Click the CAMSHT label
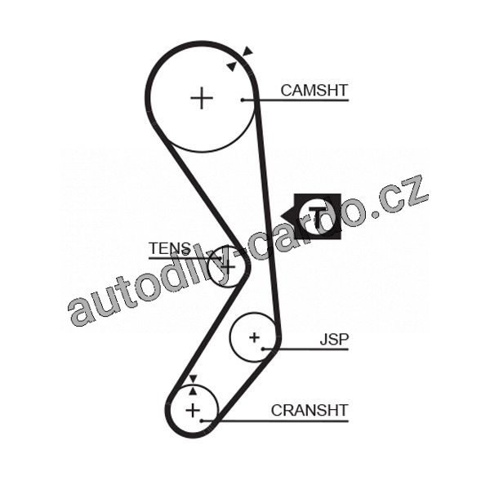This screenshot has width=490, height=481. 314,91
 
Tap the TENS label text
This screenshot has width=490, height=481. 170,248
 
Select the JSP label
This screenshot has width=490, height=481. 334,339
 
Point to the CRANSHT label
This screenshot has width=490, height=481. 310,411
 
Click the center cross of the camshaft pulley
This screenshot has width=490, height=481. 202,98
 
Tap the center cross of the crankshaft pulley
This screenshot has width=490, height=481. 193,410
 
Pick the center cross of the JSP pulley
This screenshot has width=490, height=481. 254,337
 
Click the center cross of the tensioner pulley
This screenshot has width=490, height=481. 229,266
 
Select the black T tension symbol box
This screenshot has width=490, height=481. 318,216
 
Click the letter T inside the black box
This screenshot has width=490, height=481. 318,216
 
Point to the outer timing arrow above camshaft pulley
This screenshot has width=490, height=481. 248,51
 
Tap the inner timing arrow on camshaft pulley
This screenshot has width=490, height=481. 232,66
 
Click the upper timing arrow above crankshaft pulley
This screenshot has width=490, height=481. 193,379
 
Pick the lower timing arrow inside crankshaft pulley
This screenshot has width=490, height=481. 193,390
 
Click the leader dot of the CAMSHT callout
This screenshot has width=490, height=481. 243,100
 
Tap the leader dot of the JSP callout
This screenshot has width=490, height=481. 263,349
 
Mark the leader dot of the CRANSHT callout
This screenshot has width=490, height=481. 202,421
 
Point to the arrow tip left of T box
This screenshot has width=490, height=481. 281,216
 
